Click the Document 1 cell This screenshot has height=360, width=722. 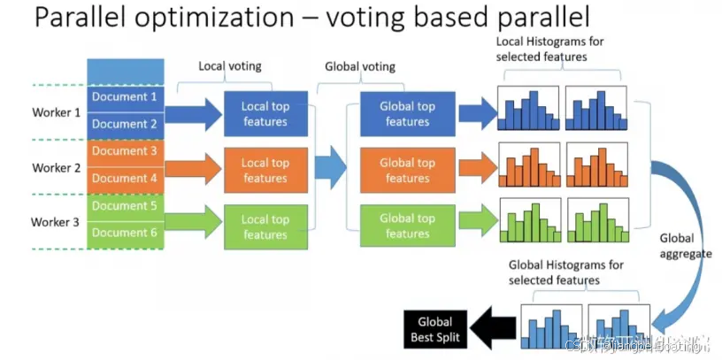125,97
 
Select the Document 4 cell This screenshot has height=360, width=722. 125,179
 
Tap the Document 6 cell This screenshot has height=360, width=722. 125,234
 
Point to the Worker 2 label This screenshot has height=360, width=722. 56,167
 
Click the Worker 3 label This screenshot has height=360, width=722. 56,221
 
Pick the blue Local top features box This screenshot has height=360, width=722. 265,113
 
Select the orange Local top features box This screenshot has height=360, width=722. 265,170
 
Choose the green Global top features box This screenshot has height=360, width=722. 407,226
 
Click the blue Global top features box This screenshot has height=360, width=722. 407,113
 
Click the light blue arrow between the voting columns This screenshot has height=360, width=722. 333,168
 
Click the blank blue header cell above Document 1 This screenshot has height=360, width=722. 125,72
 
